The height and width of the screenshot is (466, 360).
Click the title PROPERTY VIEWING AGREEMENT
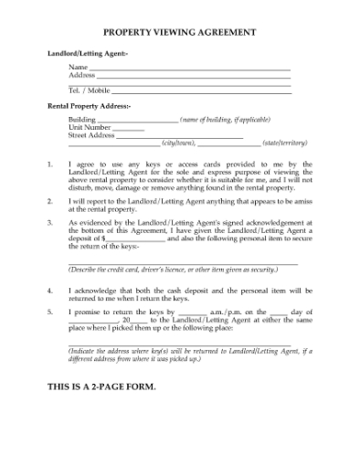tap(179, 32)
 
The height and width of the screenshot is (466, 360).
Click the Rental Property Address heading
tap(90, 107)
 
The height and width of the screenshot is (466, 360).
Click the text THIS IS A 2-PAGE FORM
tap(101, 387)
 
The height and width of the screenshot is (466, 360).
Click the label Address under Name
tap(81, 76)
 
